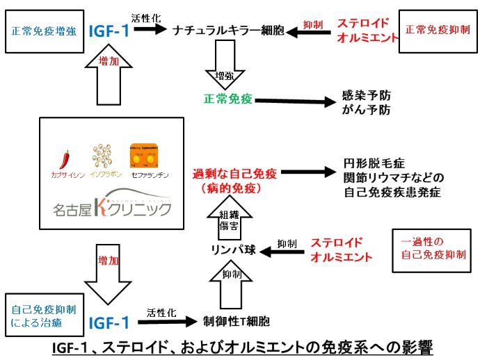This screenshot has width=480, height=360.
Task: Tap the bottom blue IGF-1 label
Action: [109, 322]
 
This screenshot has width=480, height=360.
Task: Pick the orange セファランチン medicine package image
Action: [141, 154]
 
